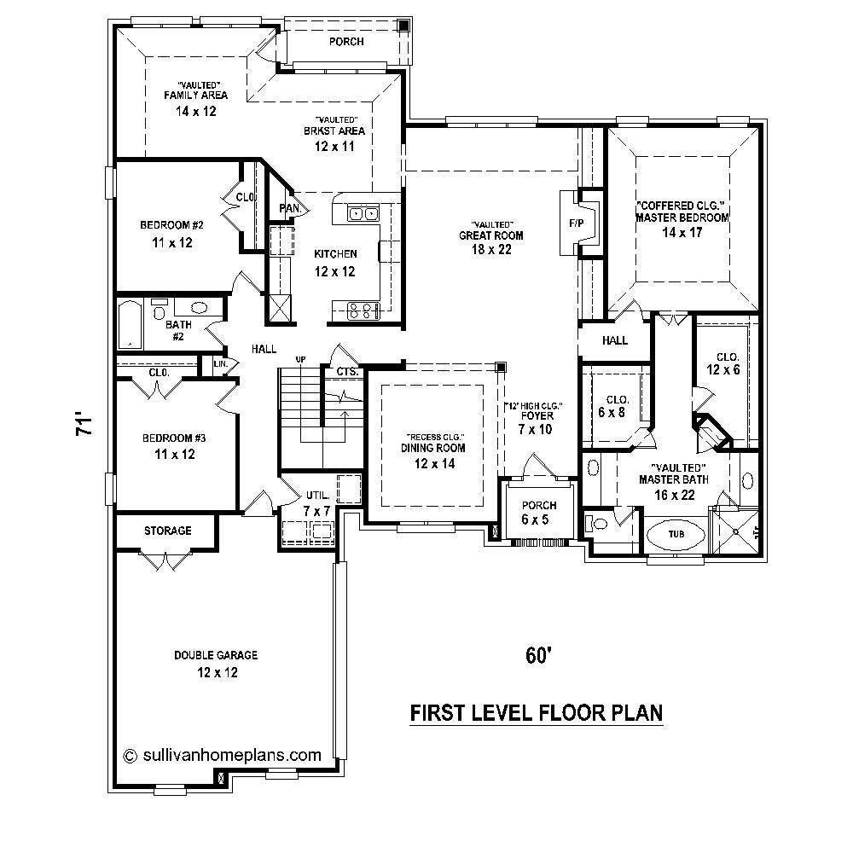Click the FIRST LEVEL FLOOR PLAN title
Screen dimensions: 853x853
537,712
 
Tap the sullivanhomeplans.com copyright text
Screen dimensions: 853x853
223,754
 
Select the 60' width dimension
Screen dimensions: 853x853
535,655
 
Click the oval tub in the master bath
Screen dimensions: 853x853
676,534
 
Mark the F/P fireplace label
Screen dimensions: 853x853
575,223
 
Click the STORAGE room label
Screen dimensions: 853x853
168,531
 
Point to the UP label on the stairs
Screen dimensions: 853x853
300,359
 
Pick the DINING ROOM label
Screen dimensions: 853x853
435,448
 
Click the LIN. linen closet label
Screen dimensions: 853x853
220,364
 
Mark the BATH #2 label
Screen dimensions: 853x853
178,330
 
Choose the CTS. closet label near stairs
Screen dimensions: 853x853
346,372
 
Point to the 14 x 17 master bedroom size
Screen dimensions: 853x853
682,232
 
